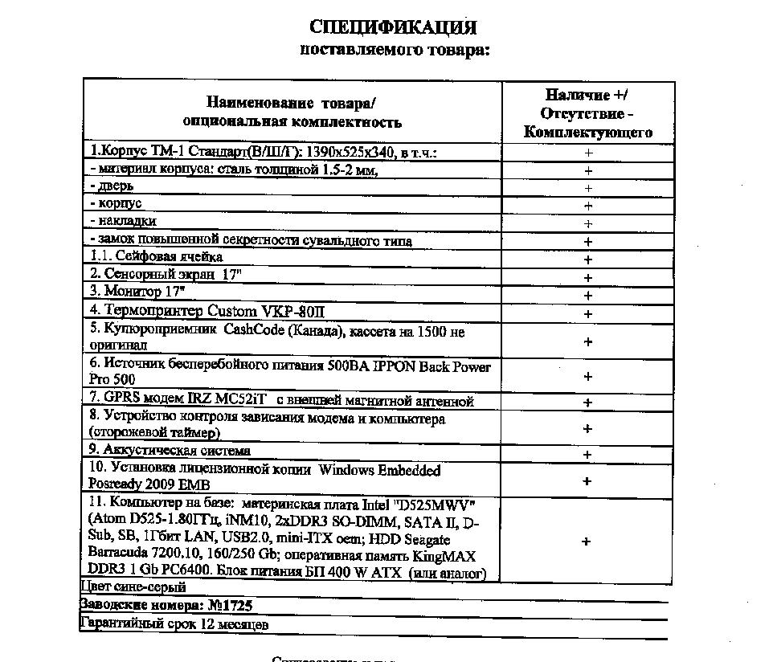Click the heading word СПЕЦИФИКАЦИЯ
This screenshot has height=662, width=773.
coord(393,28)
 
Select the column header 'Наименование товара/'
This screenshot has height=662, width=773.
coord(291,103)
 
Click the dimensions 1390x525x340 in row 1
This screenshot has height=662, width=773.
coord(354,152)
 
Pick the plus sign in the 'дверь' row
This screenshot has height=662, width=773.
coord(588,188)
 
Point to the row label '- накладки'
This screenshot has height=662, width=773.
coord(124,220)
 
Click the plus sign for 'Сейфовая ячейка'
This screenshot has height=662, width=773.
coord(588,259)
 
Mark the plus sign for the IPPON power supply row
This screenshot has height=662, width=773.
coord(588,376)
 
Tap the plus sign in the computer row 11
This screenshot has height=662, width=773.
coord(588,541)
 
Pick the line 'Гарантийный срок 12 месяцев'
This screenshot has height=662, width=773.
coord(174,623)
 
